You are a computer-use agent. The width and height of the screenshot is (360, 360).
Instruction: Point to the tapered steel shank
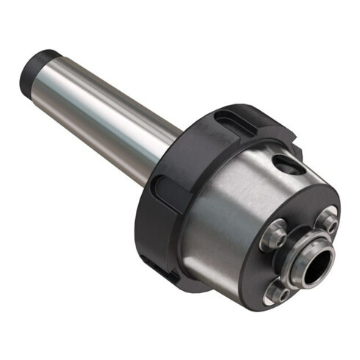tap(110, 110)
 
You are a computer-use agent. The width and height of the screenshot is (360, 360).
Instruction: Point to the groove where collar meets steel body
tap(192, 213)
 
